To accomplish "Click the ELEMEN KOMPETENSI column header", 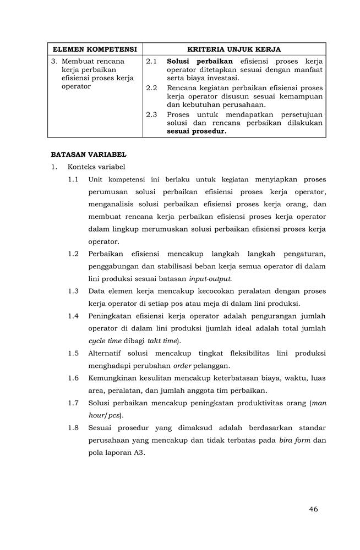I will pos(95,49).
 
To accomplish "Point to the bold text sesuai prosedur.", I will pos(197,131).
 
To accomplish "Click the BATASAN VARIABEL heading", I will pos(89,155).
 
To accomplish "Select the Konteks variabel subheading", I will pos(96,167).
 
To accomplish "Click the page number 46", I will pos(313,509).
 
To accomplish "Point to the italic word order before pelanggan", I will pos(182,365).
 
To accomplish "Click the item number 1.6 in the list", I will pos(74,378).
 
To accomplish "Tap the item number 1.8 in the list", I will pos(74,427).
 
